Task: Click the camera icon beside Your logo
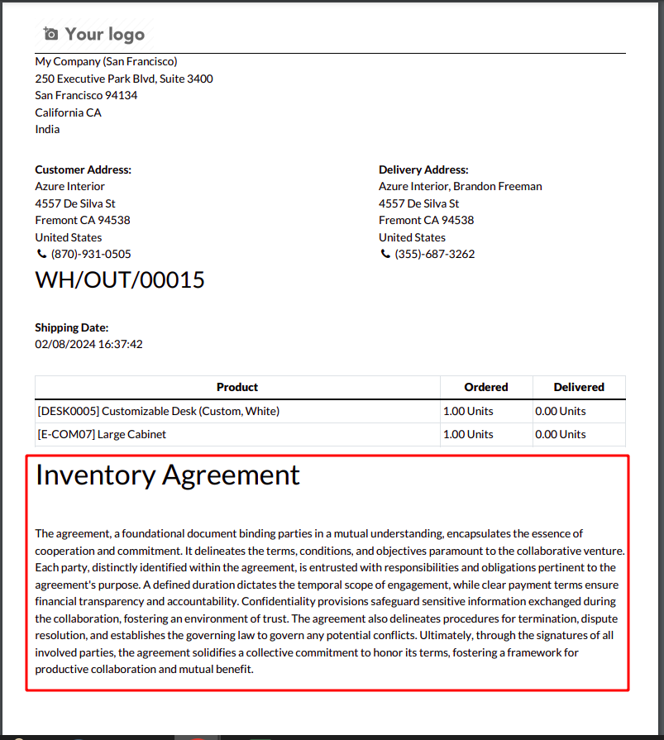point(51,34)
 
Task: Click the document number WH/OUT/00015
point(120,280)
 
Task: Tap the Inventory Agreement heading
point(168,475)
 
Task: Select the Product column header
point(237,387)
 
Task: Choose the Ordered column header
point(485,387)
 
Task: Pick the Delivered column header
point(579,387)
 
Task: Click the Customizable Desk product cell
point(159,411)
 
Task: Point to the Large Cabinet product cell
point(102,434)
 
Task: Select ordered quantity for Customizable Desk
point(468,411)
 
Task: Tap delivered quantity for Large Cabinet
point(560,434)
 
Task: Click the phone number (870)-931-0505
point(91,254)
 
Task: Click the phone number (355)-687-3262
point(435,254)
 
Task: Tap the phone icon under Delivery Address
point(385,254)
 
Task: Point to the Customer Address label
point(84,169)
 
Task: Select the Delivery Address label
point(423,169)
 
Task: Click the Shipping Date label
point(72,327)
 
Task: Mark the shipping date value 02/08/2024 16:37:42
point(89,344)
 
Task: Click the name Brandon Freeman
point(498,186)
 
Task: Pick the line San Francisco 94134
point(87,95)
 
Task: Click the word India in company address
point(48,129)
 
